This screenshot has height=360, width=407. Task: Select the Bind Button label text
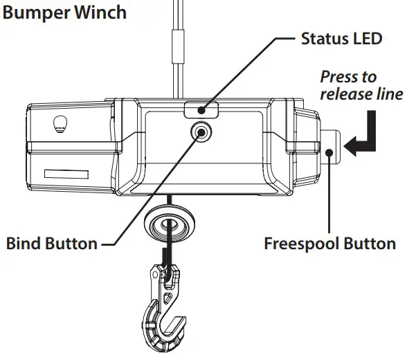[51, 244]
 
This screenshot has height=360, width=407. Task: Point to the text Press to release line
[360, 84]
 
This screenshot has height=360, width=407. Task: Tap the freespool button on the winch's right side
[330, 145]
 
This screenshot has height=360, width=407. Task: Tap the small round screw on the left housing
[61, 123]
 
